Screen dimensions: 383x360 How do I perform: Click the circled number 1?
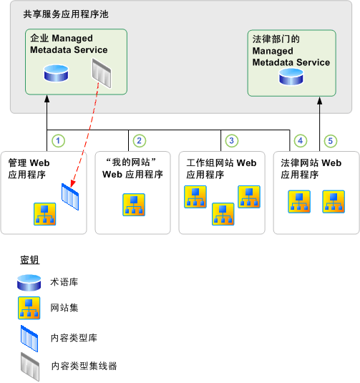(60, 141)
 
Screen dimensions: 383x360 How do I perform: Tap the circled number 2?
(140, 141)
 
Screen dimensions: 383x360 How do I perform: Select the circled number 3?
(230, 141)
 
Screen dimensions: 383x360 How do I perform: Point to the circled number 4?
(301, 141)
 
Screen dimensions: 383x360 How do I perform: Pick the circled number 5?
(329, 141)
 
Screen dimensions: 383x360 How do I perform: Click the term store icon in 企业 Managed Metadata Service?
(54, 72)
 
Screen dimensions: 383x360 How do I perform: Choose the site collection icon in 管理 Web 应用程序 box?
(45, 213)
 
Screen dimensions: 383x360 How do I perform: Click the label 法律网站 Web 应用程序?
(311, 168)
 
